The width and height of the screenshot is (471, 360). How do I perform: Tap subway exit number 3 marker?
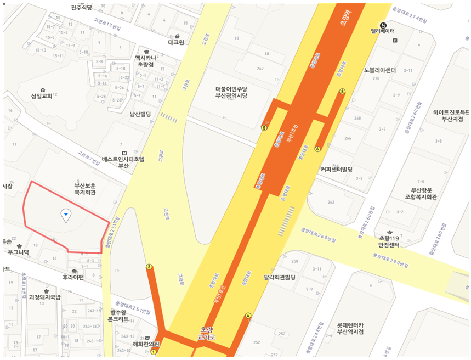click(149, 267)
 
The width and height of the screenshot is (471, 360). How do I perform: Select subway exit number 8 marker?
click(342, 92)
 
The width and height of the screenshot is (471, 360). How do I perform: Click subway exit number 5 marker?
click(264, 128)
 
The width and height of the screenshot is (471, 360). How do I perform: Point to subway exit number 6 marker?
click(317, 149)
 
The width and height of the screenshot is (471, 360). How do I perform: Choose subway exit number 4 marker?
click(248, 316)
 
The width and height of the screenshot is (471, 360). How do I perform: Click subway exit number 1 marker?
click(154, 352)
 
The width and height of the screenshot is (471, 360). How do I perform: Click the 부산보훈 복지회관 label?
click(85, 189)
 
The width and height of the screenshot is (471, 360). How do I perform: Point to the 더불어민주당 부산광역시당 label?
click(231, 92)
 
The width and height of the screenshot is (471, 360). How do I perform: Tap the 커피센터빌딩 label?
click(336, 170)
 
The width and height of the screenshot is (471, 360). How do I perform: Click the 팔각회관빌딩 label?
click(279, 277)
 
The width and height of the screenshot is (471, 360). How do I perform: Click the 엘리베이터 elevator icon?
click(383, 25)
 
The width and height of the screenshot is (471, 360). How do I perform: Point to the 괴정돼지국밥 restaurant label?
click(45, 297)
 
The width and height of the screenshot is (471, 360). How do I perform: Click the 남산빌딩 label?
click(140, 114)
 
